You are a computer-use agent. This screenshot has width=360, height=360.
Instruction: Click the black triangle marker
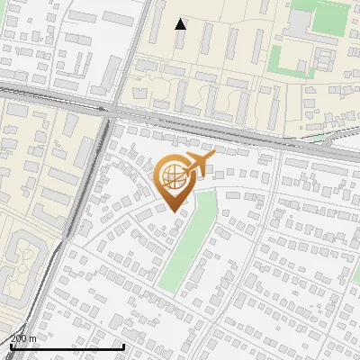tap(181, 24)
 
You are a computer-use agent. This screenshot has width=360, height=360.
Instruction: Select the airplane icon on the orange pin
tap(197, 166)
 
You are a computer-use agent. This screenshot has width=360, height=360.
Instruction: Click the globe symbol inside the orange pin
tap(173, 176)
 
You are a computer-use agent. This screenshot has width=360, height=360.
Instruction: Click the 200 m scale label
tap(23, 338)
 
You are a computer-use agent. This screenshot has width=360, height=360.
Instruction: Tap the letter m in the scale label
tap(33, 338)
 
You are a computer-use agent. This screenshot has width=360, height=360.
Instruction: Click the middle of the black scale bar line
tap(67, 346)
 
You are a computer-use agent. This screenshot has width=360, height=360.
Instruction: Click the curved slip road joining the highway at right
tap(337, 138)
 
